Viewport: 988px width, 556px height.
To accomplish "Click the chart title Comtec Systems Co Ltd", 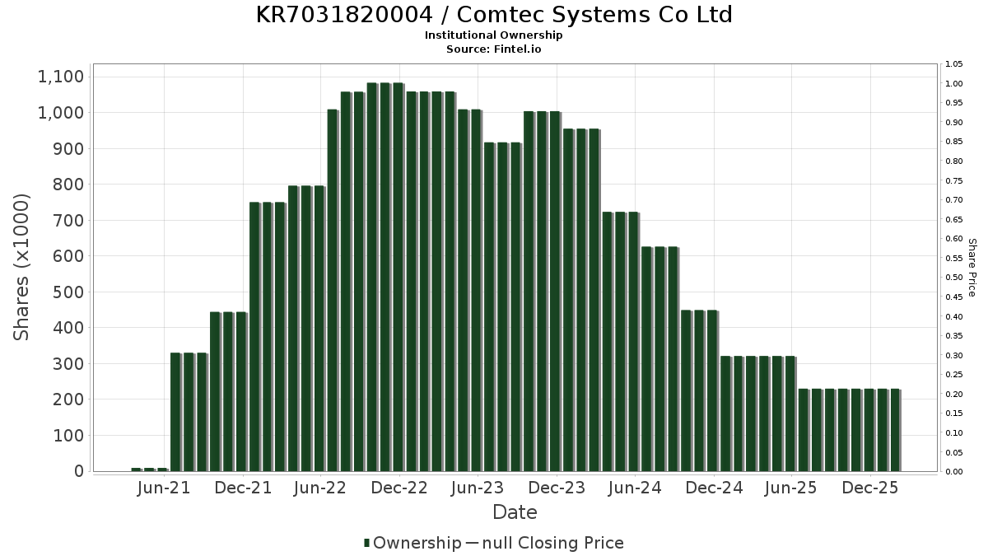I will click(x=494, y=15).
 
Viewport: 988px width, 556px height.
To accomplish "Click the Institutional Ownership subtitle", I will click(x=494, y=35).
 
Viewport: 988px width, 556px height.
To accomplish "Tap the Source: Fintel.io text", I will click(x=494, y=49).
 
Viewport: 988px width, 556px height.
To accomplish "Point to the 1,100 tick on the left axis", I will click(x=61, y=77).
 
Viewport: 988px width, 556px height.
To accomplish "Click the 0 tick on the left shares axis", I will click(x=78, y=471).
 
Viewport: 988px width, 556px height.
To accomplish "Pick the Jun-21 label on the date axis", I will click(x=164, y=488).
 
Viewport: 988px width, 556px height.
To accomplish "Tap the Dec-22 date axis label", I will click(x=398, y=488).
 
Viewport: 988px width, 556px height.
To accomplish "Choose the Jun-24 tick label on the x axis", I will click(x=634, y=488).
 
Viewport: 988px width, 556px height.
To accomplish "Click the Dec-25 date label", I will click(x=869, y=488).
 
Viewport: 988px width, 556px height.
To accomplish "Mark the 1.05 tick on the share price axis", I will click(x=954, y=64).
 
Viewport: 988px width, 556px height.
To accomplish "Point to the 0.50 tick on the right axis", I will click(x=954, y=278).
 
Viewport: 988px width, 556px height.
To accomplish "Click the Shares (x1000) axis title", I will click(x=22, y=267).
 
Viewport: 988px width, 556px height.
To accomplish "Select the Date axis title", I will click(x=515, y=512).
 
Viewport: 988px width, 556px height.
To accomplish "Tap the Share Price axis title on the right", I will click(x=972, y=267).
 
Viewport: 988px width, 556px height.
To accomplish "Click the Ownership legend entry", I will click(x=417, y=543).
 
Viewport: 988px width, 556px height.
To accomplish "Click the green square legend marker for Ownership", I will click(x=366, y=543).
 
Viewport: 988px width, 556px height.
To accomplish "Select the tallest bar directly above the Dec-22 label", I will click(x=398, y=277).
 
